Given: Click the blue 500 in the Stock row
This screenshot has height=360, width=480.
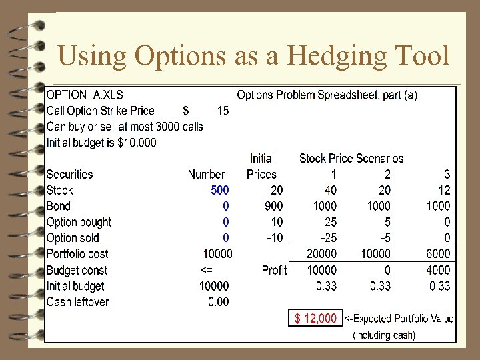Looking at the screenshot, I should click(220, 190).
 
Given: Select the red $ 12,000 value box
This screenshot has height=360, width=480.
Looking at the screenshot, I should click(316, 318).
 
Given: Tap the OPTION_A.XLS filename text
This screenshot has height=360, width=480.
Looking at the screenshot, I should click(84, 95).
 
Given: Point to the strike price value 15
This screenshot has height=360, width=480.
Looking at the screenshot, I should click(223, 111).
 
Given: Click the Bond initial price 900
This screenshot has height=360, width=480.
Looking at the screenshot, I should click(273, 206).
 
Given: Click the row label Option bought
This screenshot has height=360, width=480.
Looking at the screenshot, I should click(79, 222).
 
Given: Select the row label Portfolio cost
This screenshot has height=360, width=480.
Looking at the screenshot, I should click(77, 254).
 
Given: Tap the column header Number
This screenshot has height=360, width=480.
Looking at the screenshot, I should click(206, 174).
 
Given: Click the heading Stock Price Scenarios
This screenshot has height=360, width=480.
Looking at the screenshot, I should click(351, 158).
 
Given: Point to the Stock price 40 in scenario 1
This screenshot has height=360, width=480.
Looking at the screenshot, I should click(329, 190).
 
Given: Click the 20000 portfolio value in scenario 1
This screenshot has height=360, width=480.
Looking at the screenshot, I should click(321, 254).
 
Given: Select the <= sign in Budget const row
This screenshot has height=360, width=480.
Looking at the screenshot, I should click(207, 270).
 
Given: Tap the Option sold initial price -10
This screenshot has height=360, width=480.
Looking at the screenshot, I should click(273, 238).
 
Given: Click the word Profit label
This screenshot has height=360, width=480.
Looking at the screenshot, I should click(274, 270).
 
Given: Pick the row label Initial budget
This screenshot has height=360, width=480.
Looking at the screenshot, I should click(75, 286).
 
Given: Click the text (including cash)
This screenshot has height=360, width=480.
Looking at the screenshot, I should click(384, 335).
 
